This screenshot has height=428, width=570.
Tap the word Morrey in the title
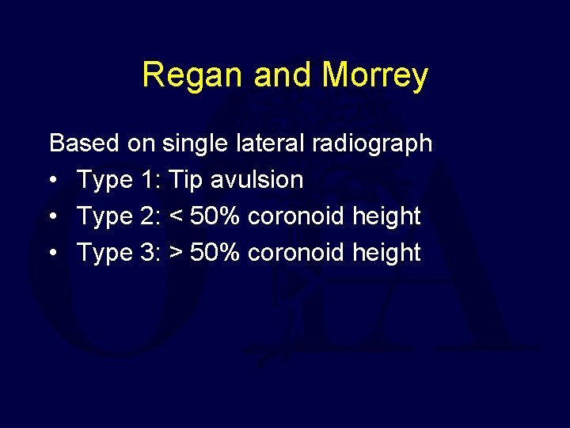coord(375,76)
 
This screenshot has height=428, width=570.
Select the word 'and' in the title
coord(284,76)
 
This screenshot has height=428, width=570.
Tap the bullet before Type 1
coord(53,181)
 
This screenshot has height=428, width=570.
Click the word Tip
coord(186,180)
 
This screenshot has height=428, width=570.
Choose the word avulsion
coord(257,180)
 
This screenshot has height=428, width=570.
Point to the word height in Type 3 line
coord(386,253)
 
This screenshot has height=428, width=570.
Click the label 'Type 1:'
coord(117,180)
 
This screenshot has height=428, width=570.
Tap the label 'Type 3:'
coord(117,253)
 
